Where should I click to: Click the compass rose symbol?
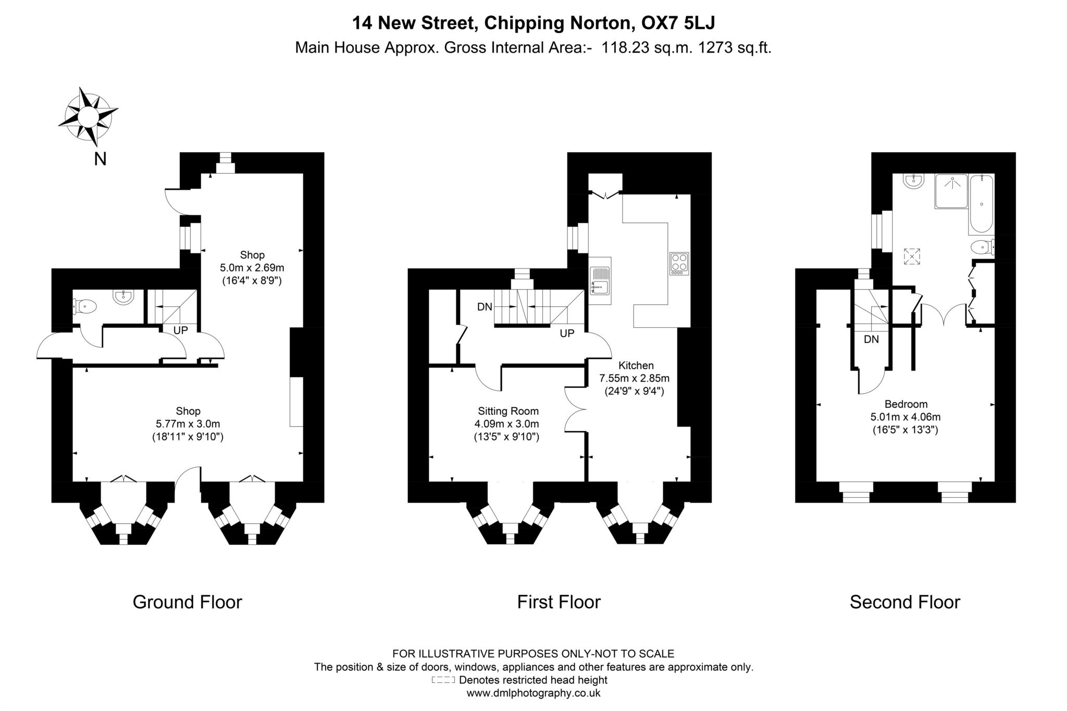(x=88, y=116)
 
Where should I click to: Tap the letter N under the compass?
(x=100, y=159)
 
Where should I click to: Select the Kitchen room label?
(x=636, y=365)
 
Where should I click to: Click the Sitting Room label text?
(x=508, y=411)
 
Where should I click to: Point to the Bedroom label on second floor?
(x=906, y=404)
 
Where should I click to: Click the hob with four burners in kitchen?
(x=679, y=264)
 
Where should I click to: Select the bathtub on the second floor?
(x=981, y=204)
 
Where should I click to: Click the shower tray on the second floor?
(x=951, y=191)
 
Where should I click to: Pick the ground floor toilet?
(x=85, y=306)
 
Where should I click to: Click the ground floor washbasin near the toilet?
(x=124, y=297)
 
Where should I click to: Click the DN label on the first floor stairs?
(x=485, y=307)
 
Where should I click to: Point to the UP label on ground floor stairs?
(x=180, y=330)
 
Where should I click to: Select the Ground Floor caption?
(x=188, y=602)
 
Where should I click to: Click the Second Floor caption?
(x=905, y=602)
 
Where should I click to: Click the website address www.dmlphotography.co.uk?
(x=533, y=693)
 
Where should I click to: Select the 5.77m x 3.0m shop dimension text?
(x=188, y=424)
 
